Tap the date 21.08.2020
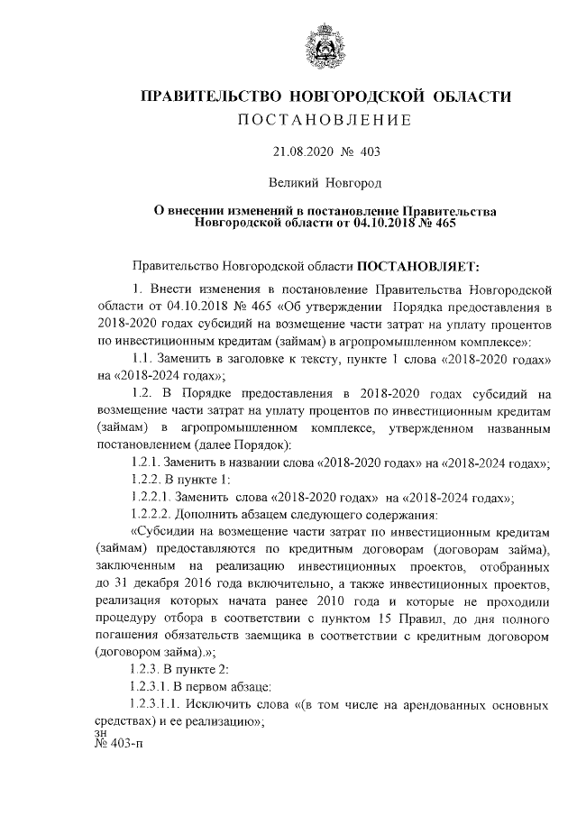pos(298,152)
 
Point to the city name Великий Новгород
pos(316,183)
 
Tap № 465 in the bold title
pos(437,222)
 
